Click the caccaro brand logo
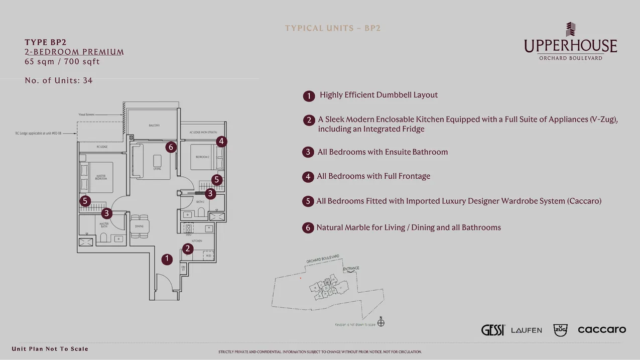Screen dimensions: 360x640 coord(601,329)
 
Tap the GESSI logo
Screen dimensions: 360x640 coord(492,330)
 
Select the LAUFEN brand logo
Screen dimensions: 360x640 coord(526,330)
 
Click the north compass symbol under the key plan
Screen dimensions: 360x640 coord(381,322)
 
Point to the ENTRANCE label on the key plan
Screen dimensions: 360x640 coord(351,269)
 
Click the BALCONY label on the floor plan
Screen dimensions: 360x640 coord(154,125)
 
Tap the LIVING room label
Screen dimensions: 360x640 coord(157,169)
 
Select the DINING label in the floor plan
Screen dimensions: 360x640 coord(139,226)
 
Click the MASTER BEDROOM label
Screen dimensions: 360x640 coord(101,177)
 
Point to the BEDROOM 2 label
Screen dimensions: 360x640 coord(202,157)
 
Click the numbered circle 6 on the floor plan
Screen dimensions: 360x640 coord(171,147)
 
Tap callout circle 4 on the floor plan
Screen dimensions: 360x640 coord(221,142)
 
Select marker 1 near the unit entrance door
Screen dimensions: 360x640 coord(167,259)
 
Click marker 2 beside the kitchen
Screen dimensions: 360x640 coord(188,249)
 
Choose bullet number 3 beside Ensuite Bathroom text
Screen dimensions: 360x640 coord(308,152)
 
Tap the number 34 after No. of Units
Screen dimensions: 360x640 coord(87,80)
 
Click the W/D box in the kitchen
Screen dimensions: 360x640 coord(208,256)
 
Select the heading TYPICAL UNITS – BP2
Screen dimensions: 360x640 coord(333,28)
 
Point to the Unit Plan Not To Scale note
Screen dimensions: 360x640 coord(50,349)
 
